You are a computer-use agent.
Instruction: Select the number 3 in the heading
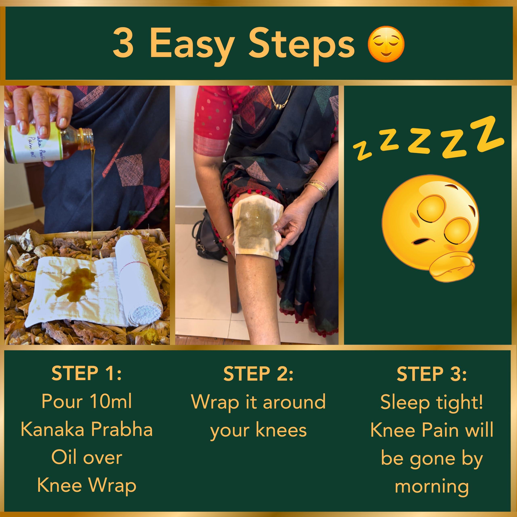coord(123,44)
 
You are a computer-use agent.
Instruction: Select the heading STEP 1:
coord(86,374)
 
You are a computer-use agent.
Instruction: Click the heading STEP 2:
coord(258,374)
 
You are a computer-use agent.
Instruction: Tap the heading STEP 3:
coord(431,374)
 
